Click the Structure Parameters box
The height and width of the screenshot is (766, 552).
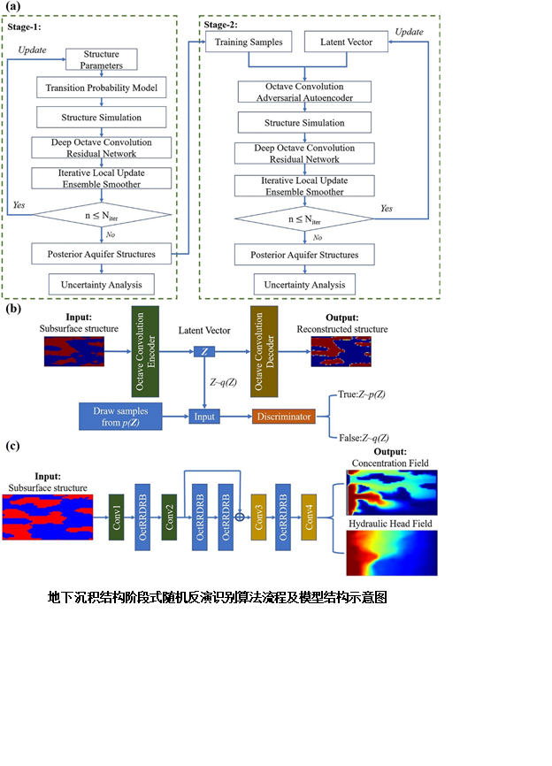pyautogui.click(x=102, y=59)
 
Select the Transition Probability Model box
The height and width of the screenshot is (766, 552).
pyautogui.click(x=101, y=88)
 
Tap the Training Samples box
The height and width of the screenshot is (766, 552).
pyautogui.click(x=243, y=42)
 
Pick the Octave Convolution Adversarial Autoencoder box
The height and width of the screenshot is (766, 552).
pyautogui.click(x=304, y=92)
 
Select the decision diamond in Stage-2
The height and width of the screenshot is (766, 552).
pyautogui.click(x=305, y=218)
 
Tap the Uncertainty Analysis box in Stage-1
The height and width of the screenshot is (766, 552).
pyautogui.click(x=101, y=283)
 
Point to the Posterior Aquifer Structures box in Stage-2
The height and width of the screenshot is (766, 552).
pyautogui.click(x=304, y=255)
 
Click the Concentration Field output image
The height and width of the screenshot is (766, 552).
pyautogui.click(x=390, y=492)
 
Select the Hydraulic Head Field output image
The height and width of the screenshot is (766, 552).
pyautogui.click(x=390, y=553)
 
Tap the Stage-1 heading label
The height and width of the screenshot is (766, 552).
pyautogui.click(x=25, y=27)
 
